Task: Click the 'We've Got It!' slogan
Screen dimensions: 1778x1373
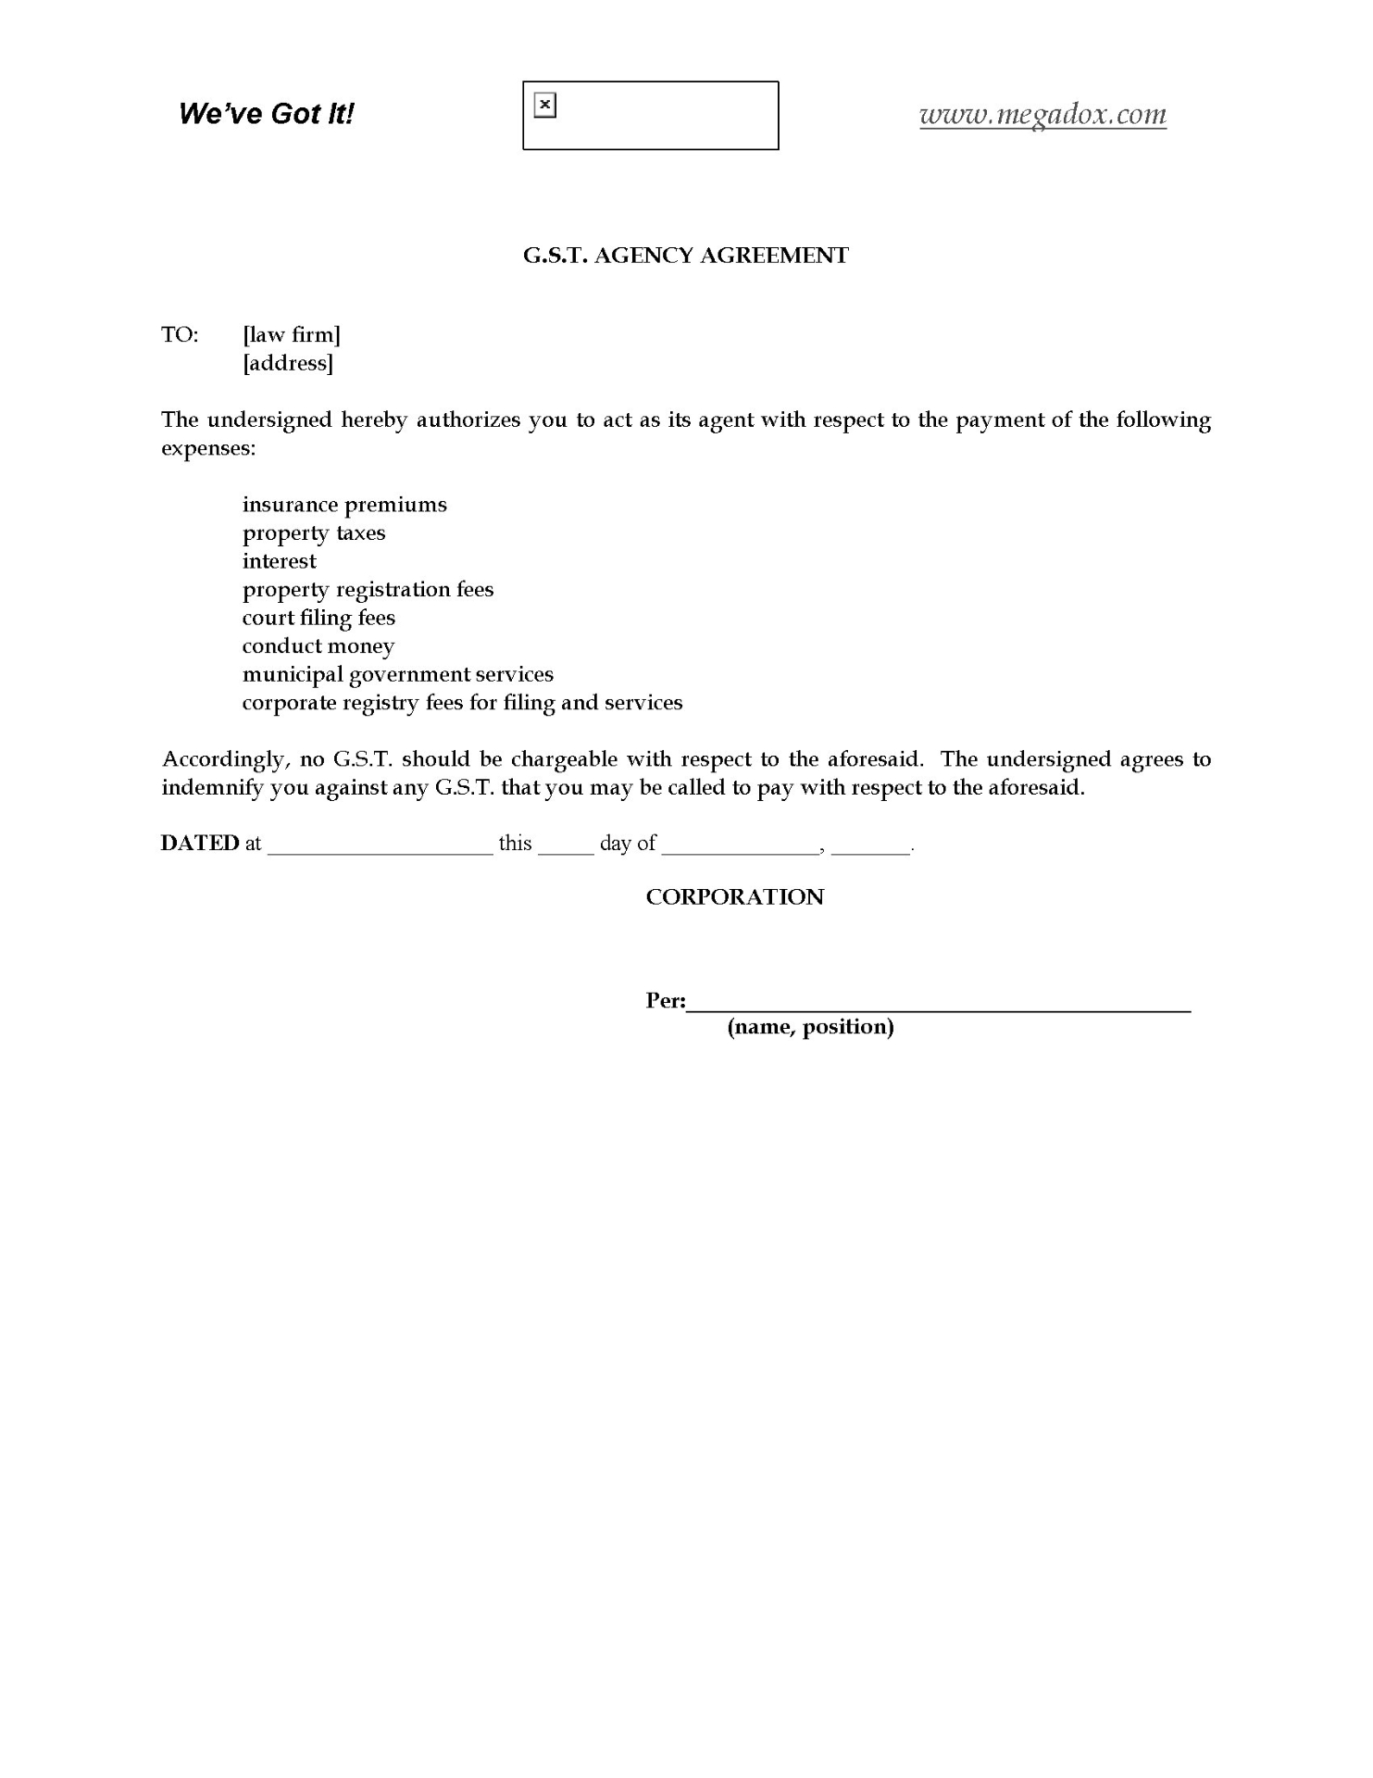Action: point(266,114)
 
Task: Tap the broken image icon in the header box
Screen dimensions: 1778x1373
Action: point(545,106)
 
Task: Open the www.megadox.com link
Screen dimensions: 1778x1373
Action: point(1042,115)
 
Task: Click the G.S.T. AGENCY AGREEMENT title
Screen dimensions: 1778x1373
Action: point(685,256)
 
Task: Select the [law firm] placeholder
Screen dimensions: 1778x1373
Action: point(292,335)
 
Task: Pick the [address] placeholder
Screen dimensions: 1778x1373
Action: point(288,363)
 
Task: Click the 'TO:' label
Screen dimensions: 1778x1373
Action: point(180,335)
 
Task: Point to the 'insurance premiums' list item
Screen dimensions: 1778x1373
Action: point(344,505)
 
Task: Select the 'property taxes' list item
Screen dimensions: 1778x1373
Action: point(314,533)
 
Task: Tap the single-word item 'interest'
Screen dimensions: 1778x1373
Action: point(280,561)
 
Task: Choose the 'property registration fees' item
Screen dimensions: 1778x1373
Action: point(368,590)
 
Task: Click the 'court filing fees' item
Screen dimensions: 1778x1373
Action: point(318,618)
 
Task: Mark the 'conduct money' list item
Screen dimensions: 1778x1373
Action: point(318,646)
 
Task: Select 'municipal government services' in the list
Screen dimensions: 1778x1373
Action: point(398,674)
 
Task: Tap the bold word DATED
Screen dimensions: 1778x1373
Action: point(200,844)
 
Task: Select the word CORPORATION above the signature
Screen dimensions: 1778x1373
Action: point(734,897)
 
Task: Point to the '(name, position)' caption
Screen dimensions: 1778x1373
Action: point(810,1027)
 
